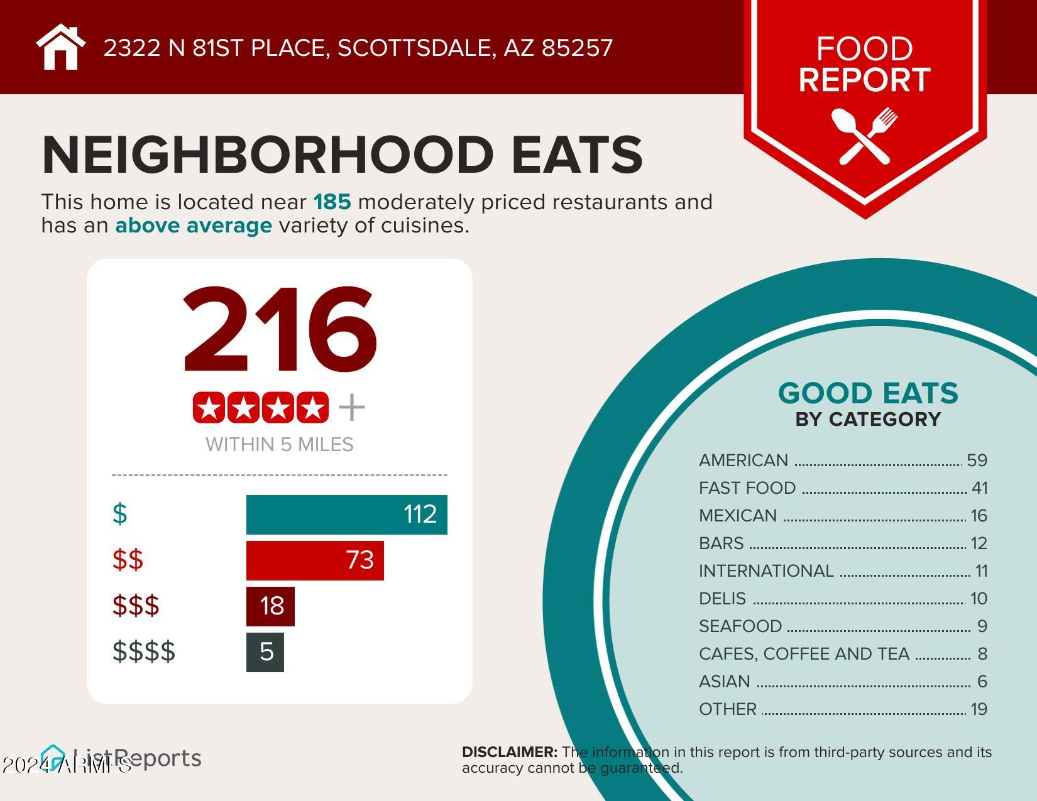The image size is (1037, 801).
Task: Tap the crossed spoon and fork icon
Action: [864, 135]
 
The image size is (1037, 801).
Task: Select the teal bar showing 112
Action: [346, 515]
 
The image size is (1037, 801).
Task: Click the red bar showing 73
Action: [314, 560]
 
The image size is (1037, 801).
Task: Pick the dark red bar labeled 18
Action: [270, 606]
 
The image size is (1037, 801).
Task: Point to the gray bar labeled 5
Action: [265, 652]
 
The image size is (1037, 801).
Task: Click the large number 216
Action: [280, 330]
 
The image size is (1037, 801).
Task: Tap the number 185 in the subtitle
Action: [332, 202]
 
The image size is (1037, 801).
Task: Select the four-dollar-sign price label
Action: [144, 651]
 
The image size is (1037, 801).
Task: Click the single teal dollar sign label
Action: [119, 514]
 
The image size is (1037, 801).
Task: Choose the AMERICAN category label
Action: [743, 460]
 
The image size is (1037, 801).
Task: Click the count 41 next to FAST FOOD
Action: [979, 488]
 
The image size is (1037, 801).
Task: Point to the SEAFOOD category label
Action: [740, 626]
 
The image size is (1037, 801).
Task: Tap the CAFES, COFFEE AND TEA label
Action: [804, 654]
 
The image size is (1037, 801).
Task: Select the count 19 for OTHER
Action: [979, 709]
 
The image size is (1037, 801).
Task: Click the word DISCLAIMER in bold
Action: [509, 752]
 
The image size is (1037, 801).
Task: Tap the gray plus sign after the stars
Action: [352, 408]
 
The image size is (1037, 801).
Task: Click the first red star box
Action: [209, 408]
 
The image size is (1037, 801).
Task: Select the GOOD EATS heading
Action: [868, 393]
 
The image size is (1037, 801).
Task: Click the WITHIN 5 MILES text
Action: [280, 445]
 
